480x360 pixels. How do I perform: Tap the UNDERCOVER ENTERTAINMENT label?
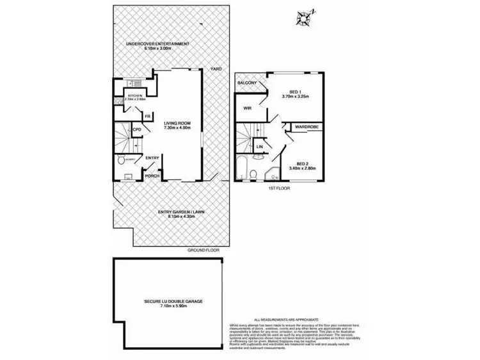point(157,44)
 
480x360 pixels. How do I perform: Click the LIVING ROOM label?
point(177,124)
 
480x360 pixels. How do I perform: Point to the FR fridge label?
point(147,116)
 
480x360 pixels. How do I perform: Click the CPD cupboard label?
point(137,130)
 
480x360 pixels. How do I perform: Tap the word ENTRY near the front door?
point(152,158)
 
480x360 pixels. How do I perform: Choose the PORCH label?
point(152,176)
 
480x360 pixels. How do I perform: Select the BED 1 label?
point(296,91)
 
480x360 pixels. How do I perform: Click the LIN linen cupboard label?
point(260,147)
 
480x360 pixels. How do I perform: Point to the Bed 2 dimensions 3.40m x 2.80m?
point(303,168)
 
